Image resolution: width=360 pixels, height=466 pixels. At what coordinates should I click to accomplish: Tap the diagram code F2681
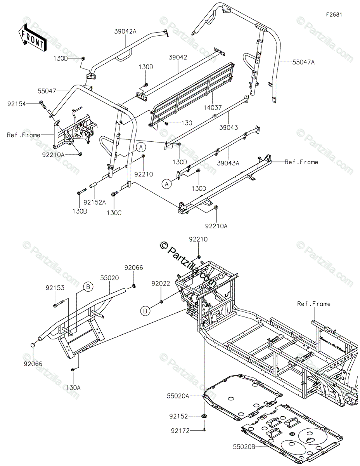[x=334, y=14]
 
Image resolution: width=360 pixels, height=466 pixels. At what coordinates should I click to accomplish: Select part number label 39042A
[x=125, y=32]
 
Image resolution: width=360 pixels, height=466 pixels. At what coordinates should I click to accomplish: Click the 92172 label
[x=180, y=430]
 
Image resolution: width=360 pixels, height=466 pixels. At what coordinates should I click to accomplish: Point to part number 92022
[x=161, y=284]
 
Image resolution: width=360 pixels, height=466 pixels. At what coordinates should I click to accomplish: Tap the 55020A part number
[x=178, y=396]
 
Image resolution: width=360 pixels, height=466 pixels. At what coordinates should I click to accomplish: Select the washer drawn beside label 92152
[x=204, y=416]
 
